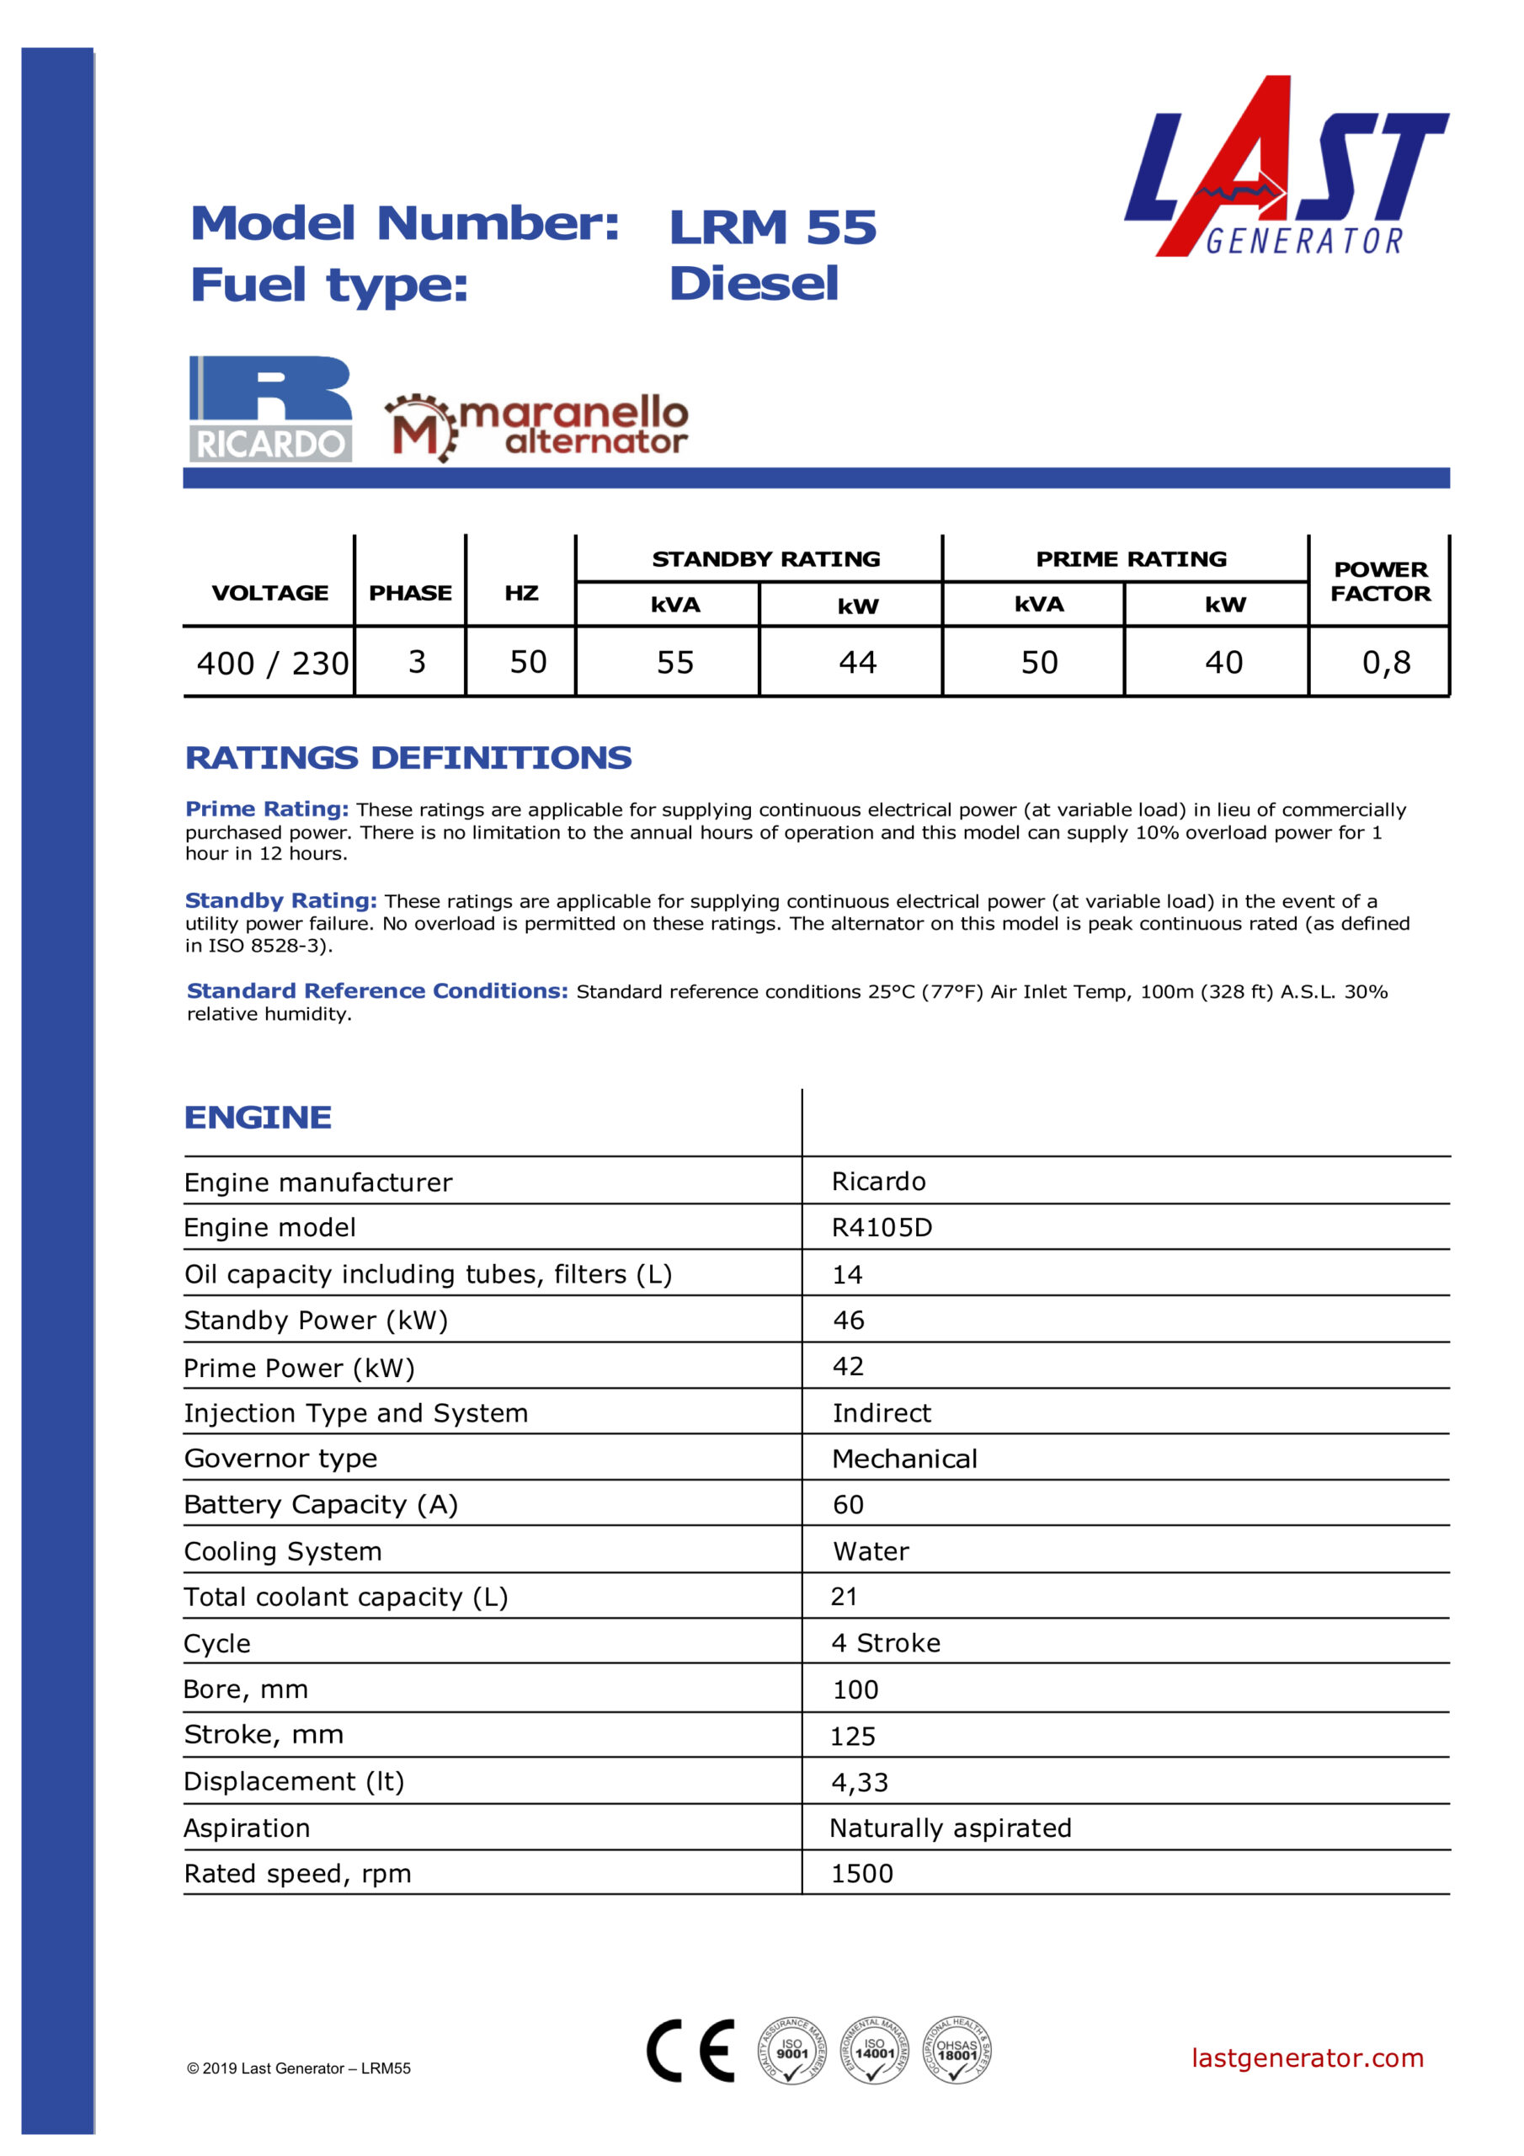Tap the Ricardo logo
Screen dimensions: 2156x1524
tap(270, 408)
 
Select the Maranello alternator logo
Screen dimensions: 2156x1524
tap(536, 427)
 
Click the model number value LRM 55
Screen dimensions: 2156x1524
tap(772, 227)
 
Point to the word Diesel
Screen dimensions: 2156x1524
tap(753, 284)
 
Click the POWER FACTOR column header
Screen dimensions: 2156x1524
tap(1379, 581)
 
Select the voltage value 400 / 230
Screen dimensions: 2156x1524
tap(272, 664)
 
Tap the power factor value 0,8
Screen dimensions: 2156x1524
tap(1386, 663)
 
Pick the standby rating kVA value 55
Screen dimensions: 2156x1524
tap(674, 663)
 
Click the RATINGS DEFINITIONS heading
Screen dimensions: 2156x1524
tap(408, 758)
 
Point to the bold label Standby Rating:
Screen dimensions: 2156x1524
tap(280, 900)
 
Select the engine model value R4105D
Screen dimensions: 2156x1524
tap(882, 1227)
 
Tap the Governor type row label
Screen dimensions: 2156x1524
tap(280, 1459)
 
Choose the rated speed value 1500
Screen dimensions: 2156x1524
tap(861, 1873)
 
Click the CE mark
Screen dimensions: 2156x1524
tap(690, 2050)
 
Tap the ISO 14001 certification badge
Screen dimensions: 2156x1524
tap(873, 2050)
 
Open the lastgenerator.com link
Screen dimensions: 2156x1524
tap(1306, 2057)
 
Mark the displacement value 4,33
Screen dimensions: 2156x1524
tap(859, 1781)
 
